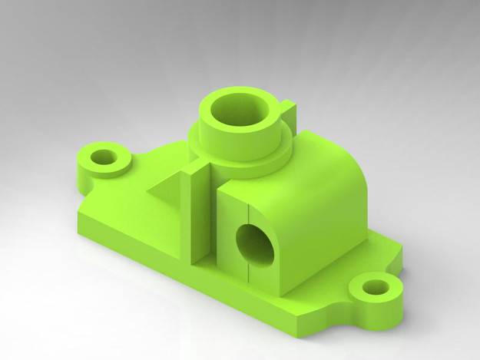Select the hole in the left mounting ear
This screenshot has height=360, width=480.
tap(102, 158)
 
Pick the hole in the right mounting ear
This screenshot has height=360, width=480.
tap(376, 288)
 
